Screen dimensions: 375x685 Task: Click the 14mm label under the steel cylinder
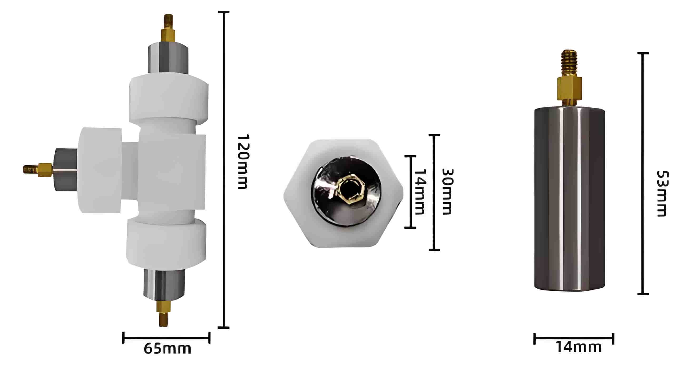coord(579,347)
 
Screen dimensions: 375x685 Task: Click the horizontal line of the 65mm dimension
coord(167,338)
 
